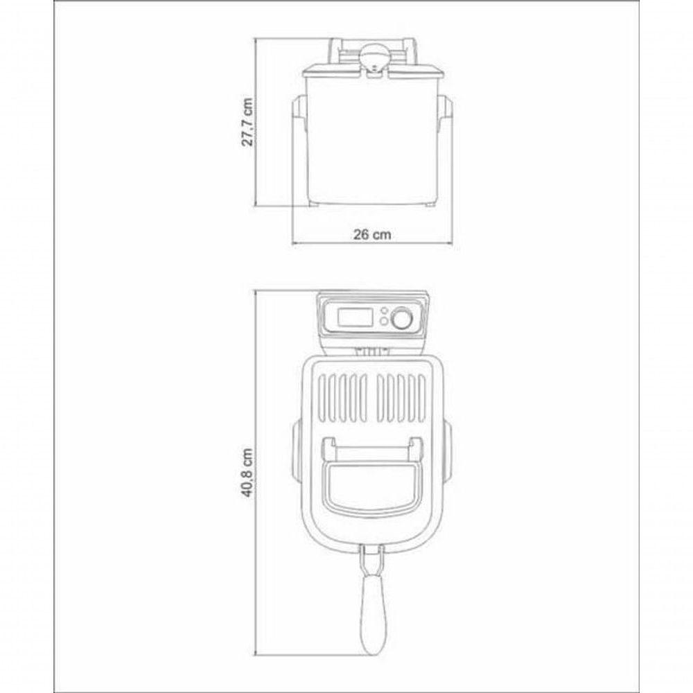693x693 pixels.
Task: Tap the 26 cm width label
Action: [x=372, y=234]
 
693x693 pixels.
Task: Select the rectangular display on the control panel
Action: [x=356, y=317]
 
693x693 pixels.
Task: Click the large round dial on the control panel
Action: [x=401, y=318]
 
